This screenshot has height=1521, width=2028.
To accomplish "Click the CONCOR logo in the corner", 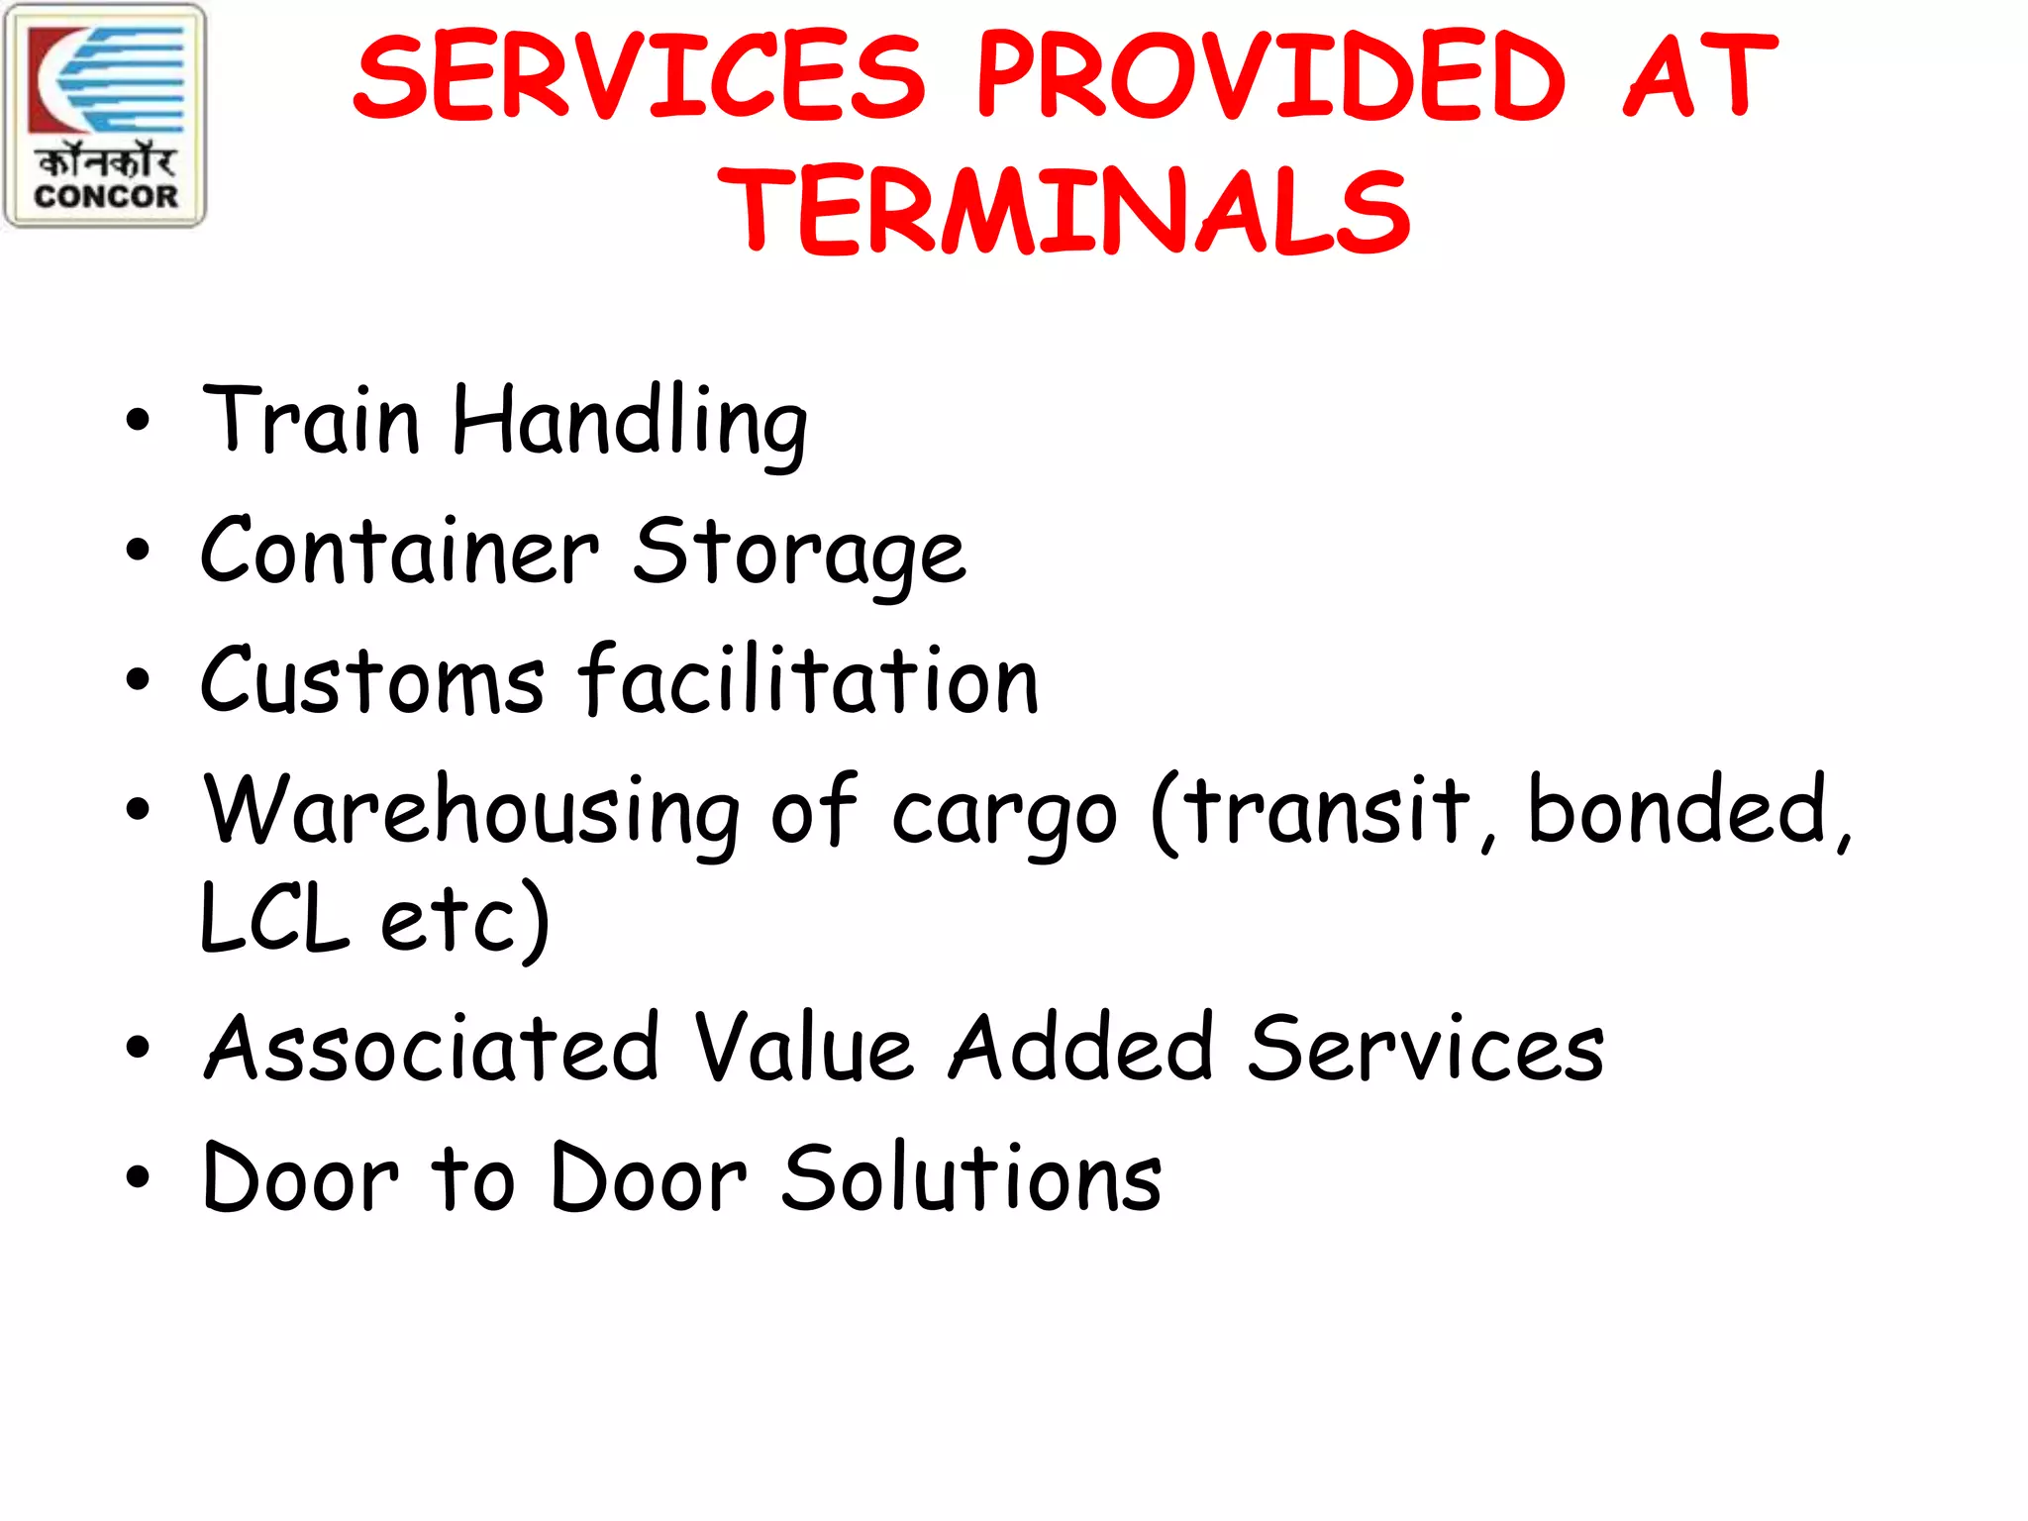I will [x=105, y=116].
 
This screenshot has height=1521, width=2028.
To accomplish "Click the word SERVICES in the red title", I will [x=639, y=77].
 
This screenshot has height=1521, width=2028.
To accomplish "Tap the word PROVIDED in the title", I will [x=1270, y=77].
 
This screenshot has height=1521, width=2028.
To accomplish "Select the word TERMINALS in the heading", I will [x=1065, y=211].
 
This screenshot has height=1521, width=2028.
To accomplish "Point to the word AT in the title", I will [x=1699, y=77].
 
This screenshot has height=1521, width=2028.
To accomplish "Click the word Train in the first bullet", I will [x=311, y=421].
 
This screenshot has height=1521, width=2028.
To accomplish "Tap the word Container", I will [x=399, y=551].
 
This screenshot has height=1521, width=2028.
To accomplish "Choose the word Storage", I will [x=799, y=555].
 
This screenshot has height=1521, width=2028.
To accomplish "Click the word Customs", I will [x=372, y=681].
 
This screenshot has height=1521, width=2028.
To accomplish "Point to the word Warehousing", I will [x=471, y=812].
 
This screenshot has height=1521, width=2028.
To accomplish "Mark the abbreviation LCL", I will [x=274, y=919].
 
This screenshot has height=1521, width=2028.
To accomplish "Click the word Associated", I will [x=432, y=1048].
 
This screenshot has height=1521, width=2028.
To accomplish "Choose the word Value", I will [x=803, y=1048].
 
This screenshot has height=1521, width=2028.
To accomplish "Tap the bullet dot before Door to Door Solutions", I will [x=138, y=1177].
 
